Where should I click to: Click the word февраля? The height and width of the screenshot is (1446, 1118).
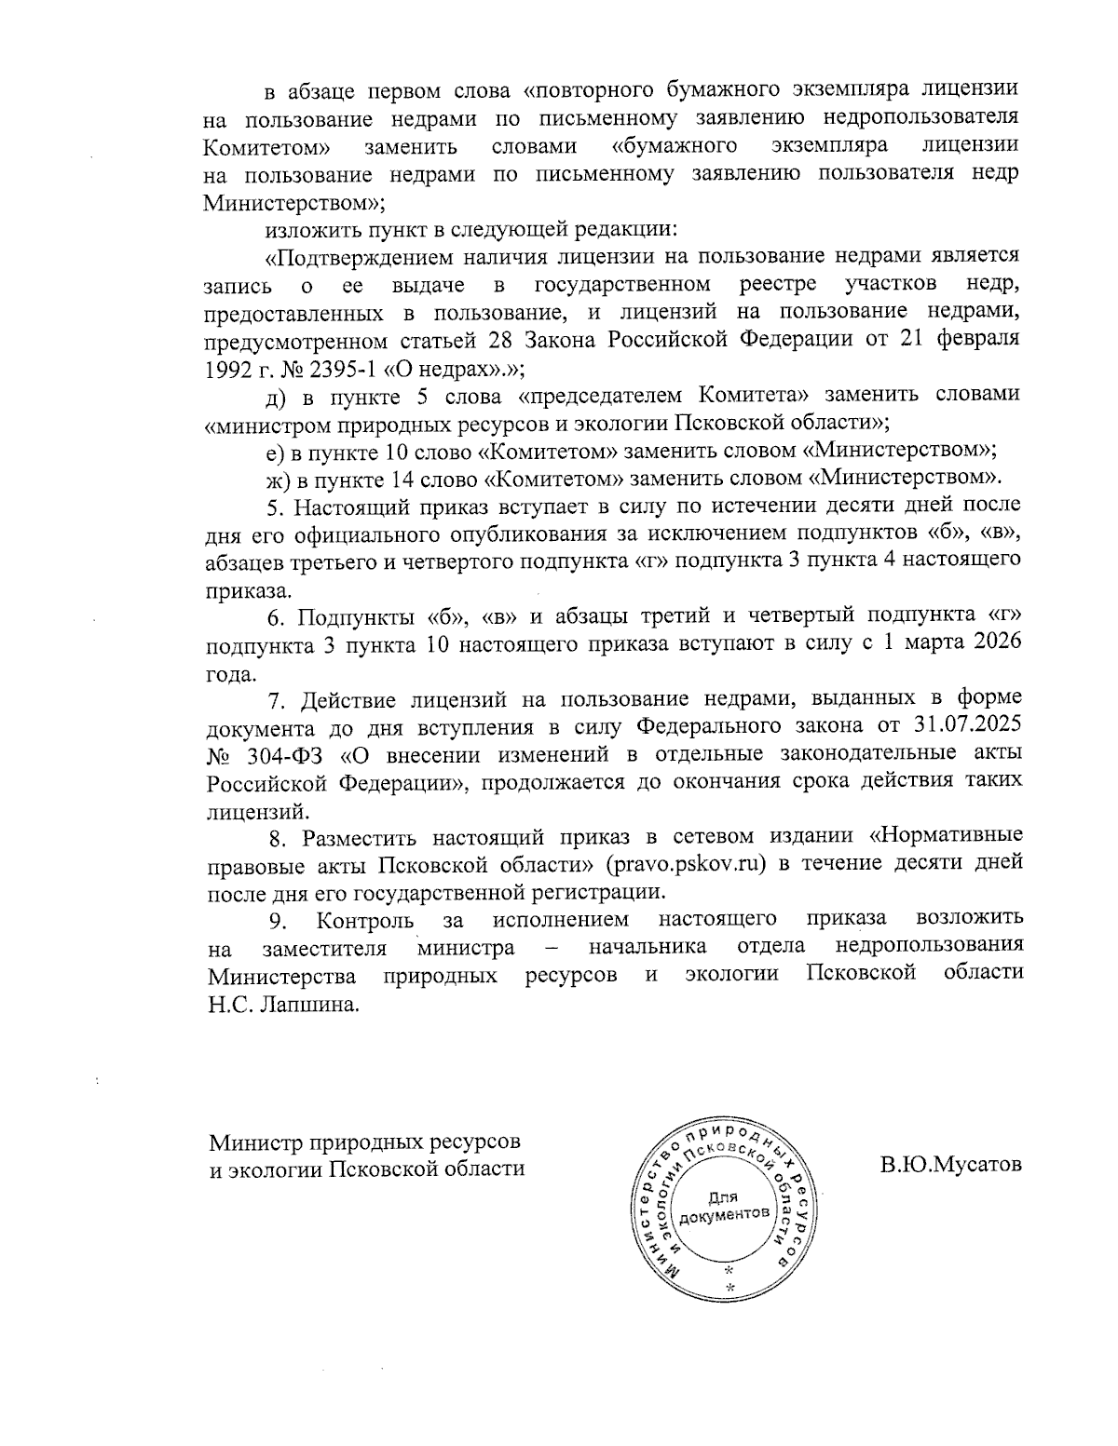[x=982, y=337]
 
